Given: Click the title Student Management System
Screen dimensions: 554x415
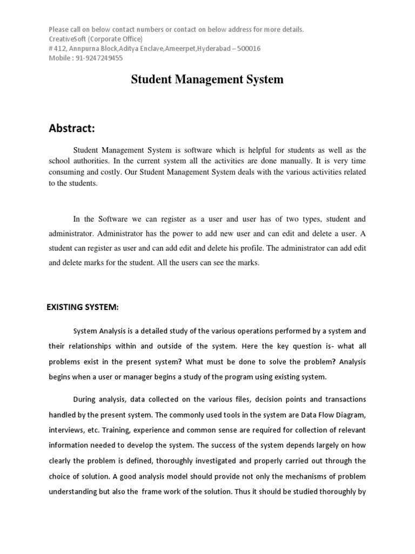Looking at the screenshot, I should [207, 80].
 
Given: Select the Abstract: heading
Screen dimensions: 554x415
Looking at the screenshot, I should [72, 128].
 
